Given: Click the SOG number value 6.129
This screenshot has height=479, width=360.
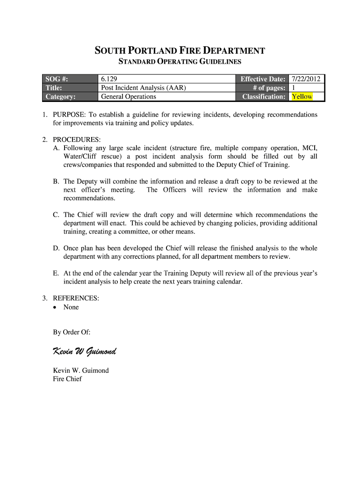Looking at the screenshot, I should (110, 79).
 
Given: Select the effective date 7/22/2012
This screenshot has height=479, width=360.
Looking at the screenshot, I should (306, 79).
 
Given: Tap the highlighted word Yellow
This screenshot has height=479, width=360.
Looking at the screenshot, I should (302, 97).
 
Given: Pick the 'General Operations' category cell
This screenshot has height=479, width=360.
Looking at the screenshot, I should (129, 97).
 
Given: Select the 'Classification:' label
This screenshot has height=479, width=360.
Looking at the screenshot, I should (264, 97).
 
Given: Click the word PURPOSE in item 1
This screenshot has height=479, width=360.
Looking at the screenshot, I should (68, 115).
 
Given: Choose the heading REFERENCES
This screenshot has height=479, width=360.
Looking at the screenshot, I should (76, 298).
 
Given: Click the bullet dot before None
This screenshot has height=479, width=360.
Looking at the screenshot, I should (56, 307).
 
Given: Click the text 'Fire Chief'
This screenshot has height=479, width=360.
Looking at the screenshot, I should (67, 379).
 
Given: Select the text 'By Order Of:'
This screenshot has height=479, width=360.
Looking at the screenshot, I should (72, 332).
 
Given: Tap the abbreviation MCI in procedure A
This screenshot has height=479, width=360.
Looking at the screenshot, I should (310, 148).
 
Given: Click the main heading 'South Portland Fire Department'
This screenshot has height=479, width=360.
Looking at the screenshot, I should (180, 51).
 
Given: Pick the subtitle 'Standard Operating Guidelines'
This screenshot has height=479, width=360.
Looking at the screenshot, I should (180, 62).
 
